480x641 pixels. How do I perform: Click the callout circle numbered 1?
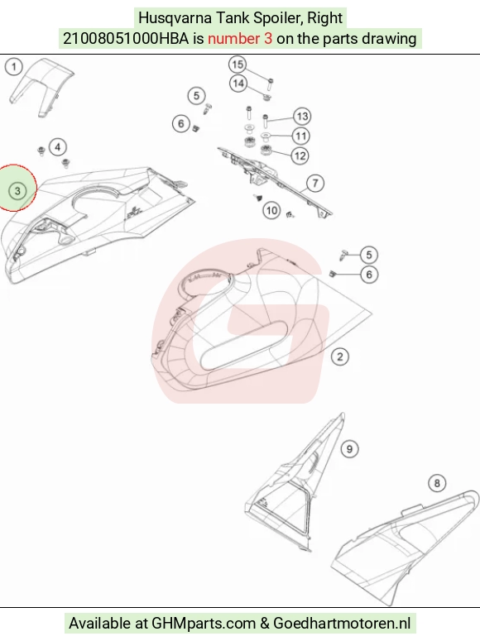click(14, 67)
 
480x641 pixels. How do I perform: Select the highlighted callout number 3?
click(17, 191)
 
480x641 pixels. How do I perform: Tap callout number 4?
click(58, 147)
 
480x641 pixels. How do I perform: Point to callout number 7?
click(314, 183)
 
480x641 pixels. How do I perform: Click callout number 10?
click(271, 211)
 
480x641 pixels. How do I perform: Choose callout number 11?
click(300, 136)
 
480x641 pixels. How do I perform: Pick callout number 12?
click(300, 155)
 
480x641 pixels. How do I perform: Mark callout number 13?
click(302, 117)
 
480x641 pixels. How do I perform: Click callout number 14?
click(238, 84)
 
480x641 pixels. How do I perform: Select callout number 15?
click(238, 65)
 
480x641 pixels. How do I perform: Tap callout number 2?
click(339, 356)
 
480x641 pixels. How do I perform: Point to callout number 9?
click(349, 449)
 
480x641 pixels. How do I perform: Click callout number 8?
click(437, 483)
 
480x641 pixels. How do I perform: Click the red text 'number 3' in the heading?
click(240, 38)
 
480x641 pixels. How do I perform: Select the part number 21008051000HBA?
click(126, 38)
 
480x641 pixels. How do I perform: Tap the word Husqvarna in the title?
click(175, 18)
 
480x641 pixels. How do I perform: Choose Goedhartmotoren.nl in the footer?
click(342, 624)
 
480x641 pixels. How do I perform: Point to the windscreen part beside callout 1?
click(41, 87)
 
